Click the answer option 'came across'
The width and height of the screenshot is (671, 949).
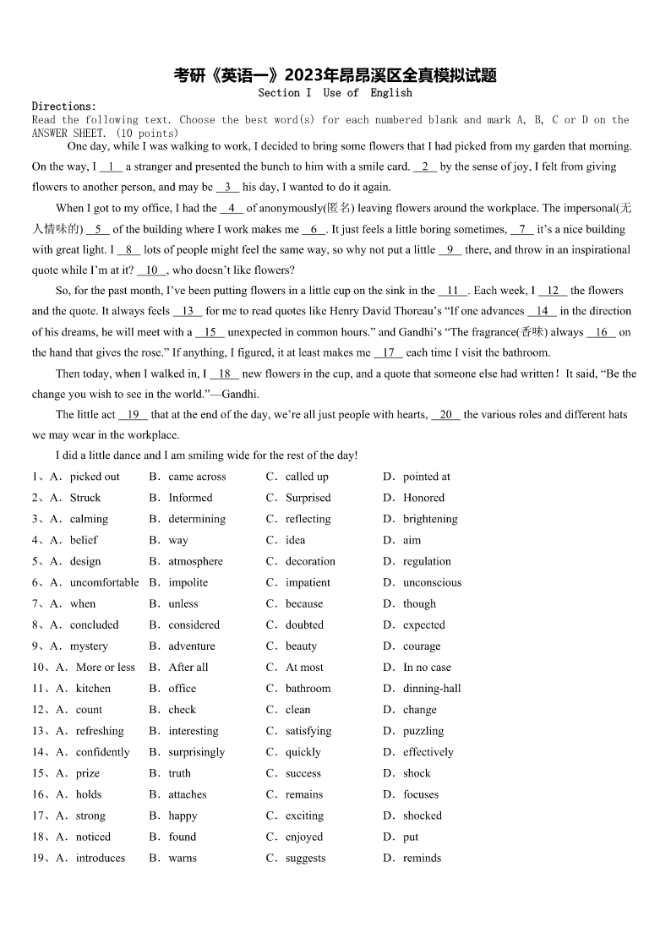[197, 477]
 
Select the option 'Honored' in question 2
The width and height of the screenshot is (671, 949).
[423, 498]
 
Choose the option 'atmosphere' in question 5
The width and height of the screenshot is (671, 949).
[195, 561]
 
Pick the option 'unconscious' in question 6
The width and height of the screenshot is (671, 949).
[432, 582]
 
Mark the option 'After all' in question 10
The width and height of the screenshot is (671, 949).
[188, 668]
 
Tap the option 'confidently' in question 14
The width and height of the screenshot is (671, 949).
[103, 752]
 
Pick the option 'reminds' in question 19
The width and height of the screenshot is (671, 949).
[422, 858]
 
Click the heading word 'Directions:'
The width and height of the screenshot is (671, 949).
[64, 106]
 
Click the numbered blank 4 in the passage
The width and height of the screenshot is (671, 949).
[232, 209]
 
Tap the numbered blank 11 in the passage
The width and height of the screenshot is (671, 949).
[453, 291]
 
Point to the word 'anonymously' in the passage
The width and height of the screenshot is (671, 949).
[290, 209]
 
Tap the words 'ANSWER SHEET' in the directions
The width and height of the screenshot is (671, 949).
[69, 134]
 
